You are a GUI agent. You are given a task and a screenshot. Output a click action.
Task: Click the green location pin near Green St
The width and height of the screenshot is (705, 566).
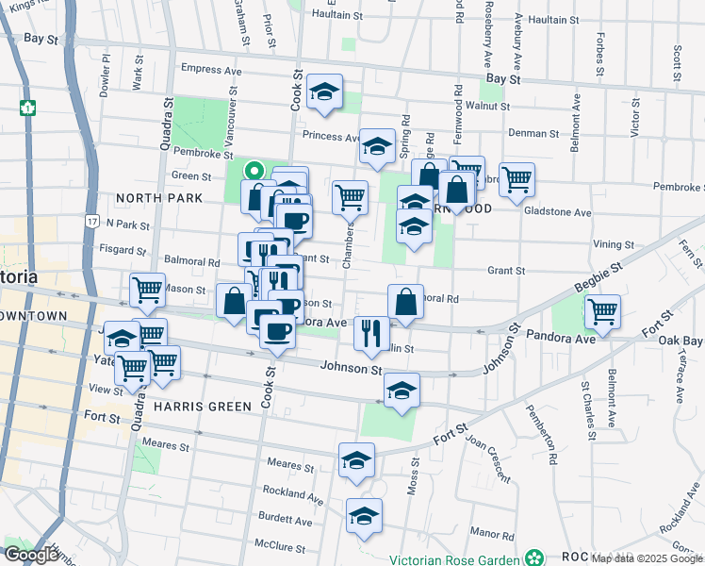(253, 171)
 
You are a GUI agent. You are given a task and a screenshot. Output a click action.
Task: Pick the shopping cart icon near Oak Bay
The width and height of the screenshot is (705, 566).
(601, 310)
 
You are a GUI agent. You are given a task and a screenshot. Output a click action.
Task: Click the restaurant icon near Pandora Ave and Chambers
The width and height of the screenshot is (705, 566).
(371, 332)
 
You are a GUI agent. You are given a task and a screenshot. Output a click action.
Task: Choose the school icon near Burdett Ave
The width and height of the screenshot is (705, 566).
(363, 516)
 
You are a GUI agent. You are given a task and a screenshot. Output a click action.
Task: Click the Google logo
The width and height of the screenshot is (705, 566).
(30, 556)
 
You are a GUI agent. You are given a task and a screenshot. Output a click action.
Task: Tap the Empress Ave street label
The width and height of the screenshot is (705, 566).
(212, 69)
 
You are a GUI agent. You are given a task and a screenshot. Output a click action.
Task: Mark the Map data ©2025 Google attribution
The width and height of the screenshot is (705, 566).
(645, 558)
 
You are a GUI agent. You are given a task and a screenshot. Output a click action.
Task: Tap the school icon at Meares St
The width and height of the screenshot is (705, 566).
(356, 459)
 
